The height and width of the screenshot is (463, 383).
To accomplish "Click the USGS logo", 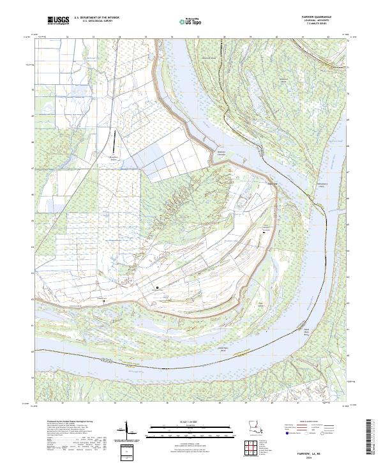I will [x=57, y=22].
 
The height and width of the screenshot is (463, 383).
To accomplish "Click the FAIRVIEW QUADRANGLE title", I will [x=326, y=18].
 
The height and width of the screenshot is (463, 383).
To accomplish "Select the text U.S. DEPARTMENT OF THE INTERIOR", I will [x=96, y=18].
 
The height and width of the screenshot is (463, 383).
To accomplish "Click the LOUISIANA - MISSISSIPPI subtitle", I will [x=326, y=22].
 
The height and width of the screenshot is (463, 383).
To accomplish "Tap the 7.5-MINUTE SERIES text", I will [x=326, y=26].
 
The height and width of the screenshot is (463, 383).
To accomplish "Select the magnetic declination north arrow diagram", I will [x=128, y=429].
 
